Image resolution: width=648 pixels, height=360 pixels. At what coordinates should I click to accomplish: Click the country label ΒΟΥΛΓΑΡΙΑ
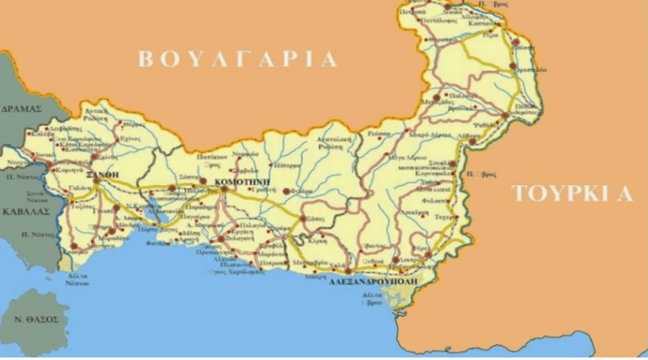[238, 59]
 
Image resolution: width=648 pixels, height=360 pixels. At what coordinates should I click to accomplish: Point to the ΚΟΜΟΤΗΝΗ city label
[243, 182]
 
